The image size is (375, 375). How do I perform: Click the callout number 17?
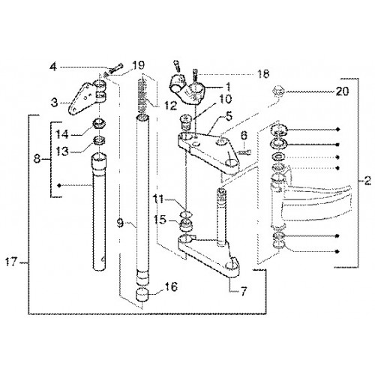[x=11, y=262]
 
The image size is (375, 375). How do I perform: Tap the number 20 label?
[x=342, y=91]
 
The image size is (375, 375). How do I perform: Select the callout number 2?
[x=367, y=181]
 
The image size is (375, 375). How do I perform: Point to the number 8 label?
[x=37, y=158]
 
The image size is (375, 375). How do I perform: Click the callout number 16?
[x=171, y=286]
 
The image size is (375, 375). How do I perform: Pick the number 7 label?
[x=243, y=291]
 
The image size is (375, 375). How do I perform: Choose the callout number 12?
[x=171, y=106]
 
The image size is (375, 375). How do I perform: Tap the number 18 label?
[x=262, y=74]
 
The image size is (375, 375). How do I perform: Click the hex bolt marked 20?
[x=279, y=91]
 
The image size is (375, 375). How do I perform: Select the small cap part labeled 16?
[x=142, y=295]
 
